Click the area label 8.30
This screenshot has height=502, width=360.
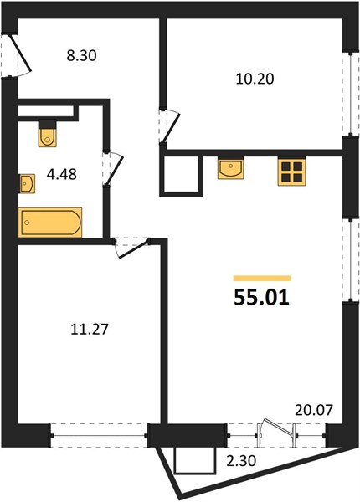point(81,56)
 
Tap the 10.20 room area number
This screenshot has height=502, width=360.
point(255,79)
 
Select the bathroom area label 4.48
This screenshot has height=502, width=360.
point(61,175)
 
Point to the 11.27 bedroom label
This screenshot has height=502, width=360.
point(90,329)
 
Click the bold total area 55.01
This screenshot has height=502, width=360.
point(262,297)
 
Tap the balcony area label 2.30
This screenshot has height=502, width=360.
point(241,461)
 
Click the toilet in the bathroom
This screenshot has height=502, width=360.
point(48,134)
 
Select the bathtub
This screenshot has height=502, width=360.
point(50,223)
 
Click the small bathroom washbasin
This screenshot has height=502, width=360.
point(28,183)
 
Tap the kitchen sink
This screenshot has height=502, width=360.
point(230,168)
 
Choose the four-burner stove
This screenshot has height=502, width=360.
point(291,172)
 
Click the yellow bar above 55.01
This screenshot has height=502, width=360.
point(262,279)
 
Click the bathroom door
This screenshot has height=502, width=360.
point(112,168)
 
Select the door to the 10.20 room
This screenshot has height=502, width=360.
point(170,125)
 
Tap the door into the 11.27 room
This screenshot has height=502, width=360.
point(131,247)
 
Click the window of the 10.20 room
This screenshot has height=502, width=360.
point(350,93)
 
